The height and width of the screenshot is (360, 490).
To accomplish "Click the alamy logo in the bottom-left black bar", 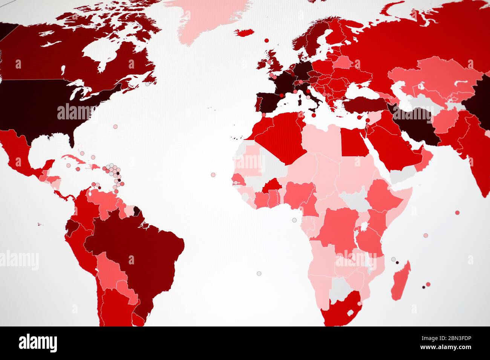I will (x=38, y=343).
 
